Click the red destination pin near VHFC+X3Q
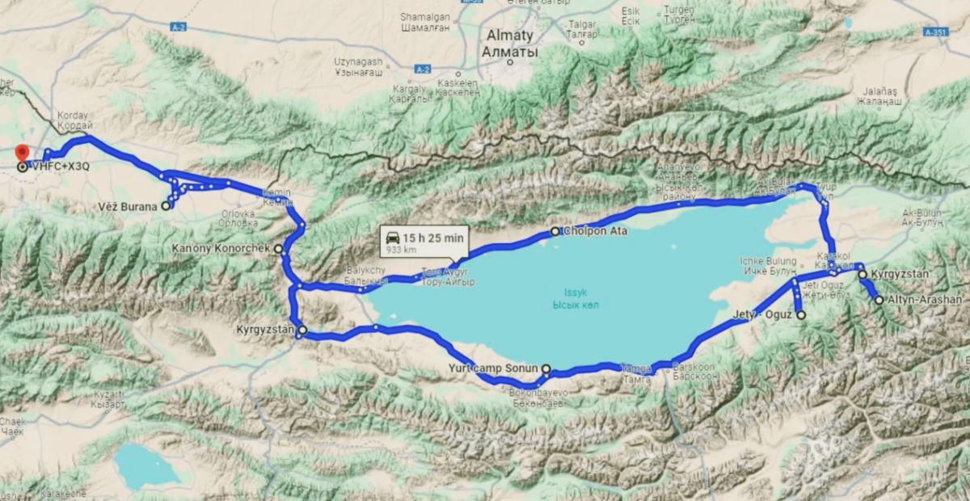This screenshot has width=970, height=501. tap(22, 152)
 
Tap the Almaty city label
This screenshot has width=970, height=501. tap(508, 36)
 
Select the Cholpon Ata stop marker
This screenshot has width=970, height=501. tap(555, 232)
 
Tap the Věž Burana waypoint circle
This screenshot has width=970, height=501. tap(166, 206)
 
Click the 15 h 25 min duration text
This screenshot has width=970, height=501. tap(434, 238)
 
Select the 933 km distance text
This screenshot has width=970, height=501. tap(401, 250)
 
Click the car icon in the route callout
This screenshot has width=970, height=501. tap(392, 237)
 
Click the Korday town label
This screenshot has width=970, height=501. tap(72, 116)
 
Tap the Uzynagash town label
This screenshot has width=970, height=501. tap(360, 62)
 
